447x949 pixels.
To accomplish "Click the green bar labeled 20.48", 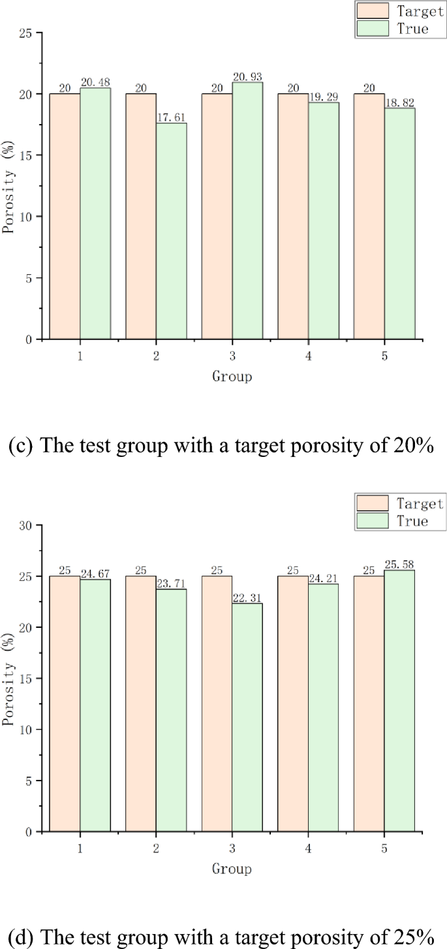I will [95, 213].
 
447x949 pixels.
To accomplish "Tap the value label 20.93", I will [247, 77].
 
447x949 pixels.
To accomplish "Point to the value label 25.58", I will [399, 564].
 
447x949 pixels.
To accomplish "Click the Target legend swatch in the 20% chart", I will [371, 11].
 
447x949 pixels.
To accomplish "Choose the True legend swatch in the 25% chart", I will [371, 520].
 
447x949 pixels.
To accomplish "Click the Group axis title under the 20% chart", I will [232, 377].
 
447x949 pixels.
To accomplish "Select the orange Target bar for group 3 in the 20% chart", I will [217, 216].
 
